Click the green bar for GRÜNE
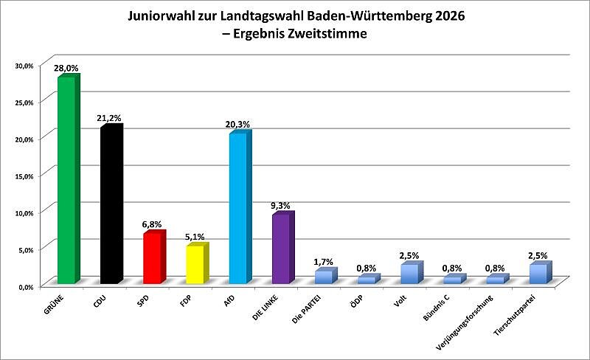(66, 181)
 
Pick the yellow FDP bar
(195, 266)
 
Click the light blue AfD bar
(237, 210)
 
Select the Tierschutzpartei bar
(538, 274)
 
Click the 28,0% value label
(66, 68)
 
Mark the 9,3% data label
(281, 206)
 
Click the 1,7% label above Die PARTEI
(324, 262)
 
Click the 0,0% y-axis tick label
(26, 286)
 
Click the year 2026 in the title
(448, 15)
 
